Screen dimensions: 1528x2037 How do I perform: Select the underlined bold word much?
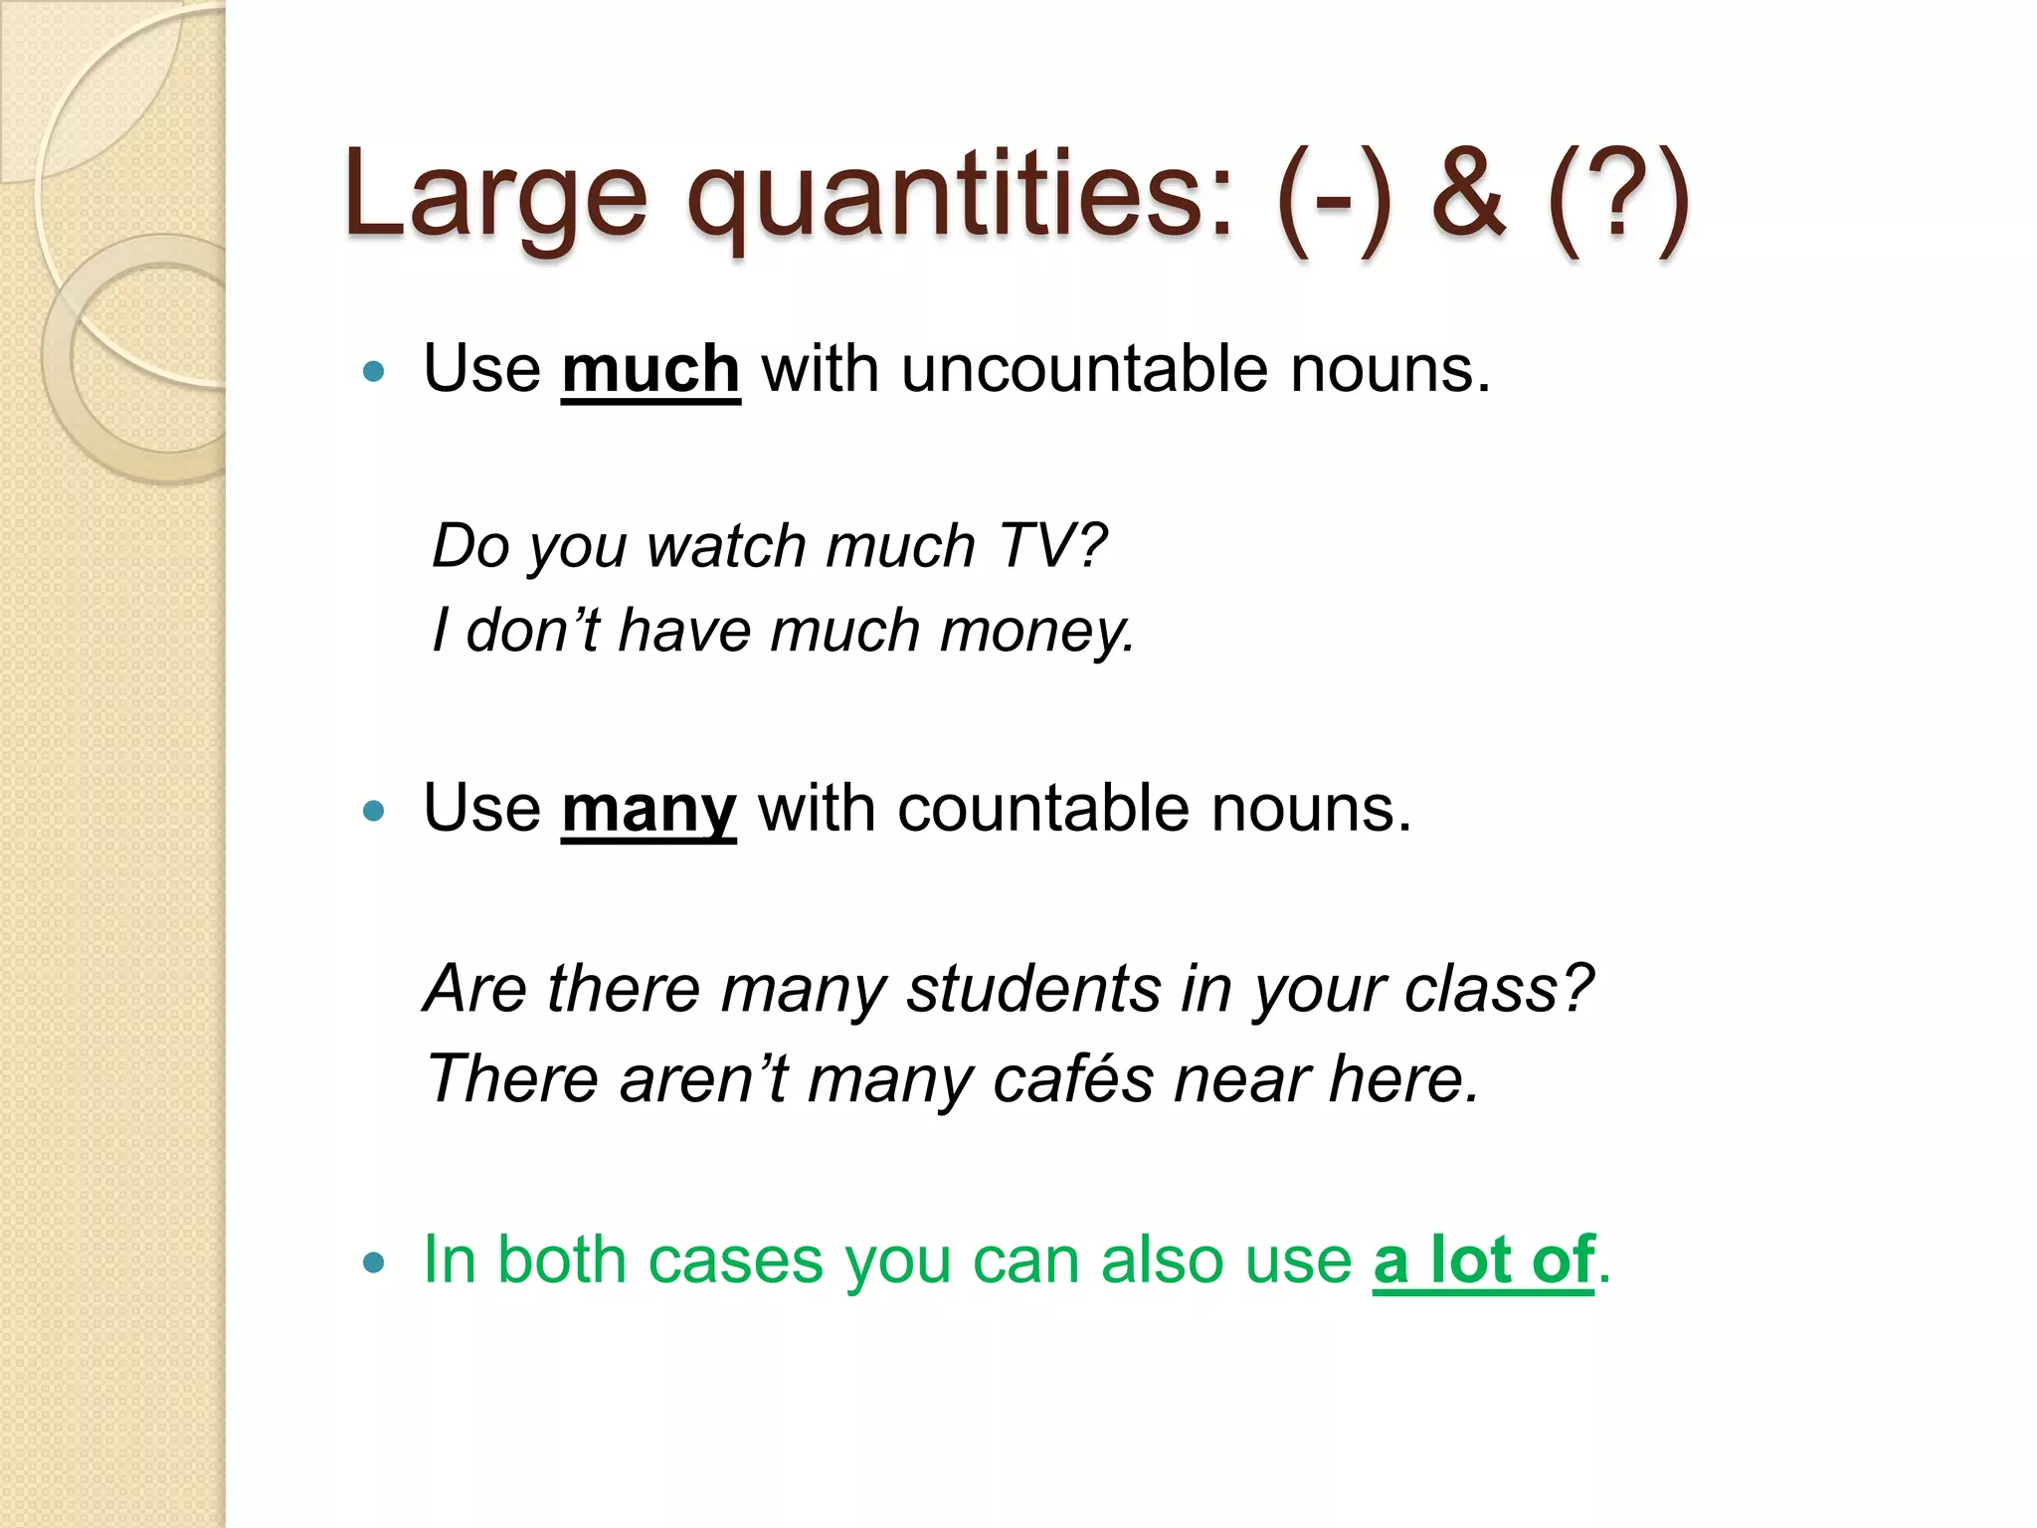650,370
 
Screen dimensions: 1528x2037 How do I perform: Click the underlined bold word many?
648,810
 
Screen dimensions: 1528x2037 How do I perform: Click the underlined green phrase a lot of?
1483,1261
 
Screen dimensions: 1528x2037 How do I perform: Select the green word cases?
735,1261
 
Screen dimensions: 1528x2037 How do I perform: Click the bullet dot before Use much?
374,373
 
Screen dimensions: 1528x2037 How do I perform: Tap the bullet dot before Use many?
374,812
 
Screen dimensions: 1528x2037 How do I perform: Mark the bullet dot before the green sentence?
374,1264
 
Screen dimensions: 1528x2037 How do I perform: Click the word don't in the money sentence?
532,632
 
